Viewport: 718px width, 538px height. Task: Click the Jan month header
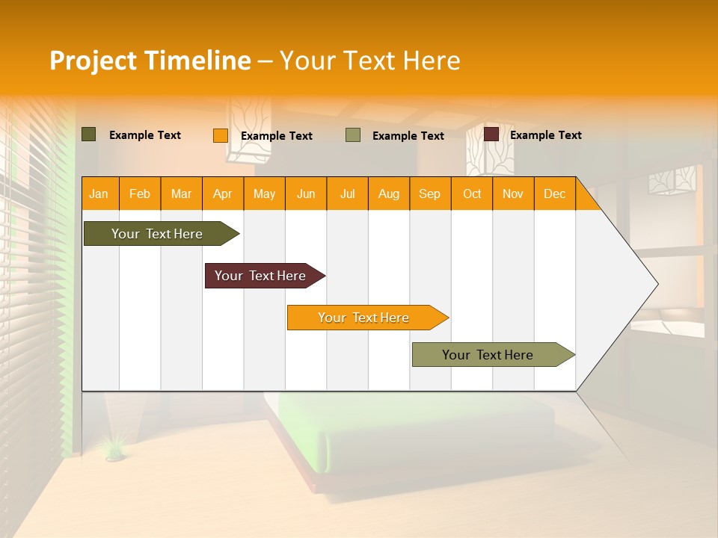coord(99,194)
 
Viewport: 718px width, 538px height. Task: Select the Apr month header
coord(222,194)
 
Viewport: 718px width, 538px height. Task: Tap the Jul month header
coord(347,194)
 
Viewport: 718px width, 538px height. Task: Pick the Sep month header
coord(429,194)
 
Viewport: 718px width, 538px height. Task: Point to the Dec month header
coord(554,194)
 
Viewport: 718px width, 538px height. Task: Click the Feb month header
coord(140,194)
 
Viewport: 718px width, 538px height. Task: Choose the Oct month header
coord(472,194)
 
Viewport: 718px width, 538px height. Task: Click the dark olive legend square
coord(89,134)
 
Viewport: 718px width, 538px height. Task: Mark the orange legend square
coord(220,135)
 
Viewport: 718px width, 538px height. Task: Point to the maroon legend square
coord(491,134)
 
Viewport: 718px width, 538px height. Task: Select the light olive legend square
coord(353,135)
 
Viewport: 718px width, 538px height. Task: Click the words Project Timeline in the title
coord(150,61)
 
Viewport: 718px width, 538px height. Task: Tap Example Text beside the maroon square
coord(545,135)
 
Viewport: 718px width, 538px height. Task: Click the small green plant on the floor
coord(114,448)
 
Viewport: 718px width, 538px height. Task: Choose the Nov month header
coord(513,194)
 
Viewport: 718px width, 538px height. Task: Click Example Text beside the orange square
coord(276,136)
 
